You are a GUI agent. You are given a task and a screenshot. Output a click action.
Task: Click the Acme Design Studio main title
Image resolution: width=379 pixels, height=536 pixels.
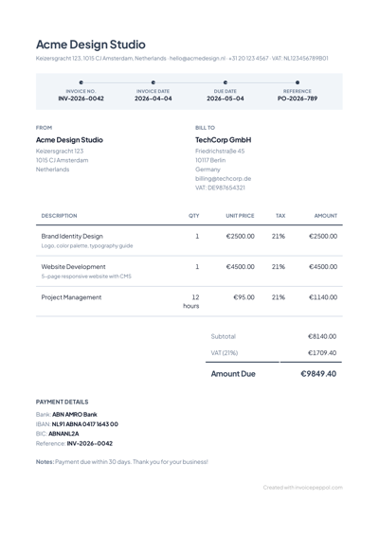91,45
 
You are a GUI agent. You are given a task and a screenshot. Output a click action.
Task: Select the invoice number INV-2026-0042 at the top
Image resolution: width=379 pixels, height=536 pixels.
81,98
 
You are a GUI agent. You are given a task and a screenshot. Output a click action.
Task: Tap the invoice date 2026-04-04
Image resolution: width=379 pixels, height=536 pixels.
153,98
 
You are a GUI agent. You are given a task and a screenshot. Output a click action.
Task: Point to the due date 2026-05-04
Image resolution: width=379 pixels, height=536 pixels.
226,98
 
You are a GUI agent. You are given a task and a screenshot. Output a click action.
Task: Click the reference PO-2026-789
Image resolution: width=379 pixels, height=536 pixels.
298,98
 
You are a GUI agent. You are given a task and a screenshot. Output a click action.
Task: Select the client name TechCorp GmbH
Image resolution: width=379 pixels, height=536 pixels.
223,139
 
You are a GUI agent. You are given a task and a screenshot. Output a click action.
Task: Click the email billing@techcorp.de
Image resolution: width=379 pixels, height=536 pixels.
223,178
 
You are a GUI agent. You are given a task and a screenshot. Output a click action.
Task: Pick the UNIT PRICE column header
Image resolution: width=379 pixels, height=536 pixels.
240,216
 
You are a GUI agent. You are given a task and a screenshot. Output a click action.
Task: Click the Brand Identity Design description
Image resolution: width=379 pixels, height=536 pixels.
73,236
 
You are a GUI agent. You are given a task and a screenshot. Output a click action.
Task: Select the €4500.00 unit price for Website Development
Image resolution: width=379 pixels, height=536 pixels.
240,267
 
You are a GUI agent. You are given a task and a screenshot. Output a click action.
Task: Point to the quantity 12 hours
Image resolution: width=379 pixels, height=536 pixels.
192,301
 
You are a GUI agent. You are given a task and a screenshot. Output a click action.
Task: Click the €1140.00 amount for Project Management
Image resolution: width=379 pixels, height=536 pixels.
322,297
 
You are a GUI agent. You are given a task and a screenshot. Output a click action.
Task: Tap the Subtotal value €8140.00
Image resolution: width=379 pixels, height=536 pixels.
322,336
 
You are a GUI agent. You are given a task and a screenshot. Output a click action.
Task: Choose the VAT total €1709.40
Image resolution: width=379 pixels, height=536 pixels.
322,352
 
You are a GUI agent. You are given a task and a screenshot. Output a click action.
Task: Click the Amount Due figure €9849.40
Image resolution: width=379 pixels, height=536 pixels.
317,373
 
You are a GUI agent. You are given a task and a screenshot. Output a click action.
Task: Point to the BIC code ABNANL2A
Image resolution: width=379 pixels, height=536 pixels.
66,433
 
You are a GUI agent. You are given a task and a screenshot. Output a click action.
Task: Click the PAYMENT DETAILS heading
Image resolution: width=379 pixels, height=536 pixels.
62,402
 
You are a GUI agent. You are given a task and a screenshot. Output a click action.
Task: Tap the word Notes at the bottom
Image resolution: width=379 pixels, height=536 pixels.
45,461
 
